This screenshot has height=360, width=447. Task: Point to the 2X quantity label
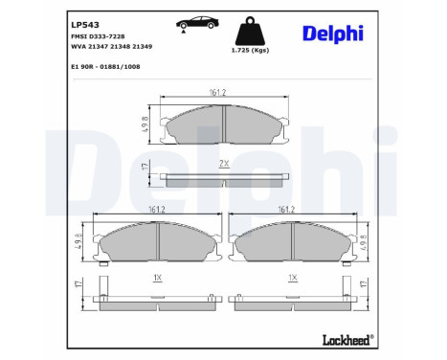click(223, 164)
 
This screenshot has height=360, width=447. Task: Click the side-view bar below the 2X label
click(223, 178)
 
